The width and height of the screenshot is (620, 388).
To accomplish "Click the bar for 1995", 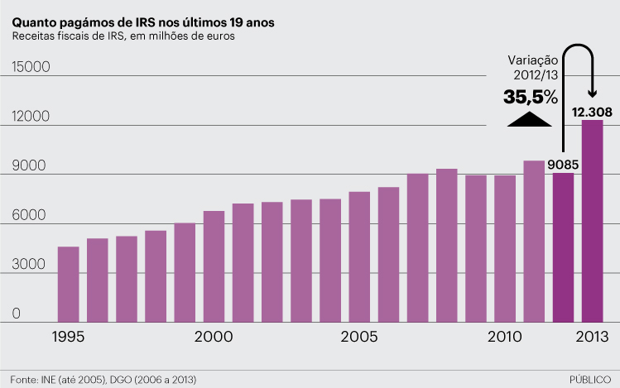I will [x=68, y=284].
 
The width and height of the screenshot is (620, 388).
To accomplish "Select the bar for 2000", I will [x=214, y=266].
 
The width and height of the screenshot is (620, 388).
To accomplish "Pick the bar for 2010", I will [x=505, y=248].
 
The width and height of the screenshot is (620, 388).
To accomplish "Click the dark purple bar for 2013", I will [x=592, y=221].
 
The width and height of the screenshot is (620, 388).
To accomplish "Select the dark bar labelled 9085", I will [x=563, y=247].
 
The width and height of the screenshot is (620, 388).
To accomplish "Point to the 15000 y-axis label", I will [x=32, y=68].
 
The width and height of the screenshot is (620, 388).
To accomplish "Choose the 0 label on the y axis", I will [x=16, y=314].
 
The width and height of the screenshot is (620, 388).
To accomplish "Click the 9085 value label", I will [x=562, y=164].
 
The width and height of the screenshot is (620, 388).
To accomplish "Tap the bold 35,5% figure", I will [x=531, y=97].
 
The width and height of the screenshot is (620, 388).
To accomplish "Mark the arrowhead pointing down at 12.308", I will [x=593, y=92].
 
